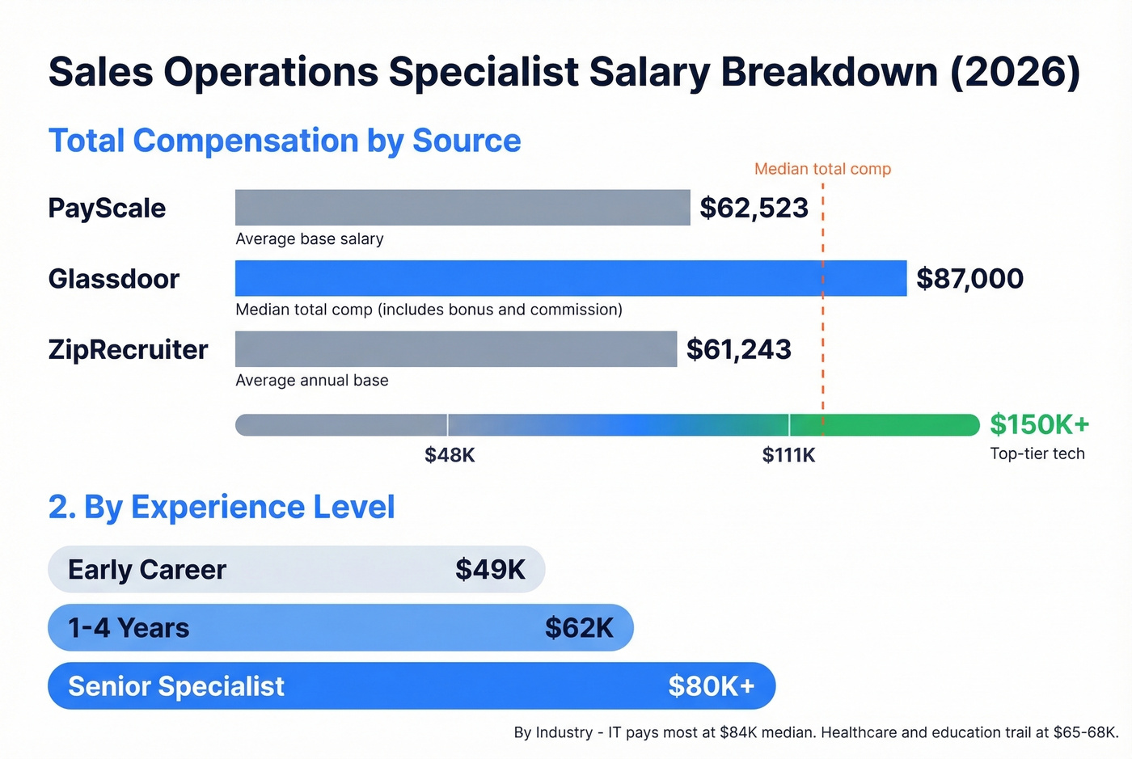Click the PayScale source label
point(107,209)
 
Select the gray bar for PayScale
point(463,208)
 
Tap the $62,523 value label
point(754,209)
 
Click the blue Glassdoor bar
point(571,278)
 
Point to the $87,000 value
point(969,279)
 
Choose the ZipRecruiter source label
point(128,350)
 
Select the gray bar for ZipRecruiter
point(456,349)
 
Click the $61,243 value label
point(738,349)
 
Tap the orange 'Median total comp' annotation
point(822,169)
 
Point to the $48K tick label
point(450,455)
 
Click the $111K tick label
point(788,455)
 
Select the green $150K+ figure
point(1039,424)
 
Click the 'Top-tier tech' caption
point(1037,453)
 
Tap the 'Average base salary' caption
point(309,239)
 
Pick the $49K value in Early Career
point(490,570)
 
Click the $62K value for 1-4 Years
point(579,628)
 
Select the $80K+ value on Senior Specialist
point(711,686)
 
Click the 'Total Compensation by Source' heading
point(285,141)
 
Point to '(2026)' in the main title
point(1015,72)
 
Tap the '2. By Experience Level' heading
point(222,508)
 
